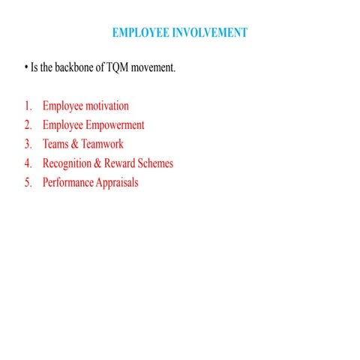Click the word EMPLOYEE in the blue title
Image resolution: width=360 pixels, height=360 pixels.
click(139, 33)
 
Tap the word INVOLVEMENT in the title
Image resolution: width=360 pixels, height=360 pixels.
click(209, 33)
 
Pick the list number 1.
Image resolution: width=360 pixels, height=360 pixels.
click(28, 106)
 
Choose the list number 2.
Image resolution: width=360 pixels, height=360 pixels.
click(28, 125)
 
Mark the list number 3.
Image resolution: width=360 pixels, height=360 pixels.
click(28, 144)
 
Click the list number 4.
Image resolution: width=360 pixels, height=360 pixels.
click(28, 163)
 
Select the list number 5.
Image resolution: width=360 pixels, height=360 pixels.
click(28, 182)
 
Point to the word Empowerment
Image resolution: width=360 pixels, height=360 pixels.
click(114, 125)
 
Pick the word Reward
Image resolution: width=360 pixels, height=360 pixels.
click(124, 163)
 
